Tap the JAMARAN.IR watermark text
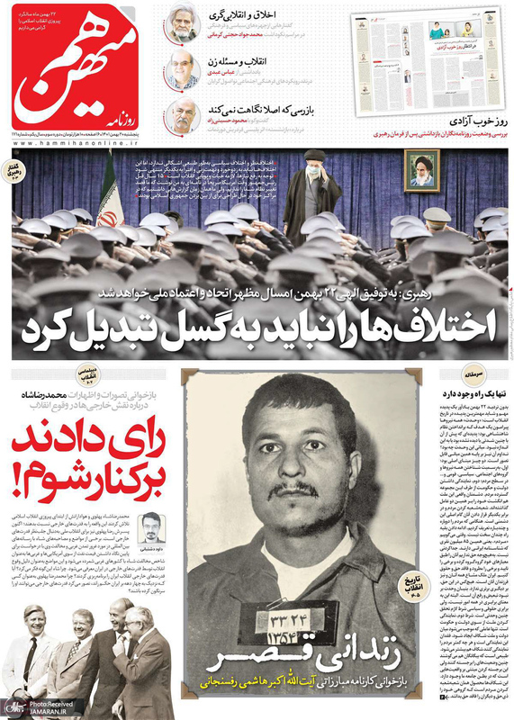click(51, 711)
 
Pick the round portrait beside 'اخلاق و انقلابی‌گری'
click(183, 25)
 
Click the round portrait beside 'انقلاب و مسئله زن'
click(183, 70)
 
